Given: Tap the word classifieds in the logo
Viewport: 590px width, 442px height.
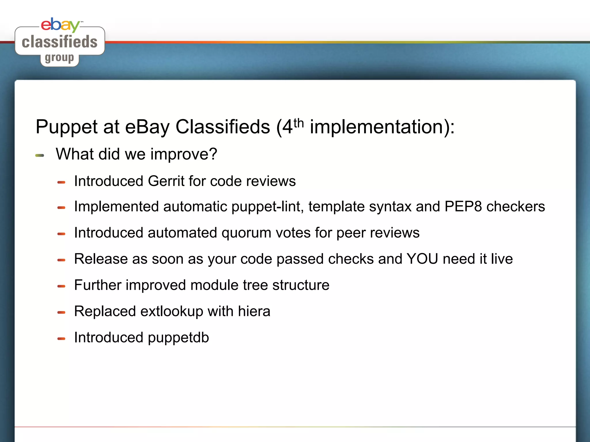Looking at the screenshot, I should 60,42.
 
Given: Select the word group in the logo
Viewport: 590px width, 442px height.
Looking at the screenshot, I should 59,58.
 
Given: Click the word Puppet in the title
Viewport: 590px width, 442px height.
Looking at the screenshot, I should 67,127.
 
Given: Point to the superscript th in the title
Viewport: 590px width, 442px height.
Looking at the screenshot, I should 299,123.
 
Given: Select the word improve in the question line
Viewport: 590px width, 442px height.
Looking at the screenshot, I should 184,154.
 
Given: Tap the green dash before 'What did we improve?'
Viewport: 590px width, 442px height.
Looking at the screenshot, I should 40,155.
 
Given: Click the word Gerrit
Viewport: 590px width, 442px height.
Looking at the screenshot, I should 166,181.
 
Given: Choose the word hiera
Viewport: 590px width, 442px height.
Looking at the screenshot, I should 254,311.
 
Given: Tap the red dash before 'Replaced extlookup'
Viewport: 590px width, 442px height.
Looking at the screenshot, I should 61,313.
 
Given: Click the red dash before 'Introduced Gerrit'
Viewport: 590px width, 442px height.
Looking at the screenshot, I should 61,182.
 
